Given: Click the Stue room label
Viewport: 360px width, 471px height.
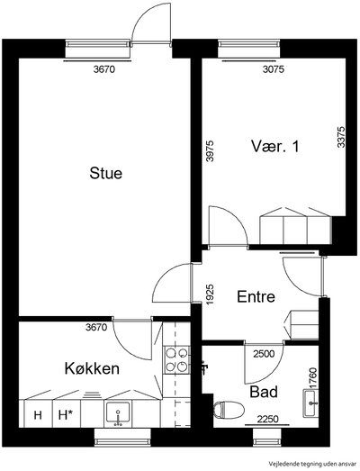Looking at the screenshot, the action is click(x=105, y=173).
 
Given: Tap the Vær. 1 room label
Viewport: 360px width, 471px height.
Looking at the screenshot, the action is click(x=275, y=147).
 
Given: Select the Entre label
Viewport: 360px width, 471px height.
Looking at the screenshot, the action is click(x=256, y=297).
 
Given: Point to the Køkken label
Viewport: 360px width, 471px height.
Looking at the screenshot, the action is click(x=92, y=368).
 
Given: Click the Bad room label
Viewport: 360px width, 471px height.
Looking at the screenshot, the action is click(x=264, y=392).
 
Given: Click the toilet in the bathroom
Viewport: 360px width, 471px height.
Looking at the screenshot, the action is click(x=229, y=410).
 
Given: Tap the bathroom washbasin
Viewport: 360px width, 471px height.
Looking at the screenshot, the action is click(x=310, y=403).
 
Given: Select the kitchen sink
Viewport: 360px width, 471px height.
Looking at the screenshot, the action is click(x=118, y=412).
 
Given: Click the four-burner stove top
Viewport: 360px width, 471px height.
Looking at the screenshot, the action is click(x=176, y=360).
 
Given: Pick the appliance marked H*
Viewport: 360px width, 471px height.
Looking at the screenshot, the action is click(x=67, y=415).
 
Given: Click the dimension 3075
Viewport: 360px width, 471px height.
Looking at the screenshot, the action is click(x=274, y=69).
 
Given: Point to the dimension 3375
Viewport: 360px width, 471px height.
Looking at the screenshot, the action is click(x=341, y=137).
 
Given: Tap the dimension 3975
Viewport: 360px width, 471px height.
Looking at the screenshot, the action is click(x=211, y=151).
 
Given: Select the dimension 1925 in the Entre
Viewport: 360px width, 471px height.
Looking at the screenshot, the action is click(x=211, y=294).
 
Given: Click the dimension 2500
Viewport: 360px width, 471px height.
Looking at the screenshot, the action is click(x=264, y=354).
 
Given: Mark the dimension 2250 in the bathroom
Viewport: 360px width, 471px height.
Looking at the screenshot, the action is click(x=268, y=419).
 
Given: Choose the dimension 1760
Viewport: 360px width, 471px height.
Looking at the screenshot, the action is click(x=313, y=378).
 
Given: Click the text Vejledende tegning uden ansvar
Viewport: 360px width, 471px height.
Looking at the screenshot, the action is click(x=313, y=463).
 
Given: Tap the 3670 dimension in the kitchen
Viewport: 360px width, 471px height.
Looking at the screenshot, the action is click(x=96, y=327).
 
